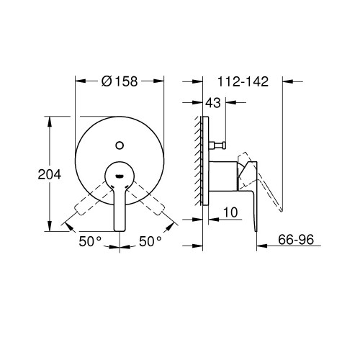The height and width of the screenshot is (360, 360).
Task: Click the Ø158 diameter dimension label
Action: (122, 81)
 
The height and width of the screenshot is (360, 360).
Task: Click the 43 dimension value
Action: (214, 104)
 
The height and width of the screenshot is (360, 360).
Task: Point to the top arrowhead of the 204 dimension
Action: (50, 123)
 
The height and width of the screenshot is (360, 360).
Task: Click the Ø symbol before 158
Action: (107, 81)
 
